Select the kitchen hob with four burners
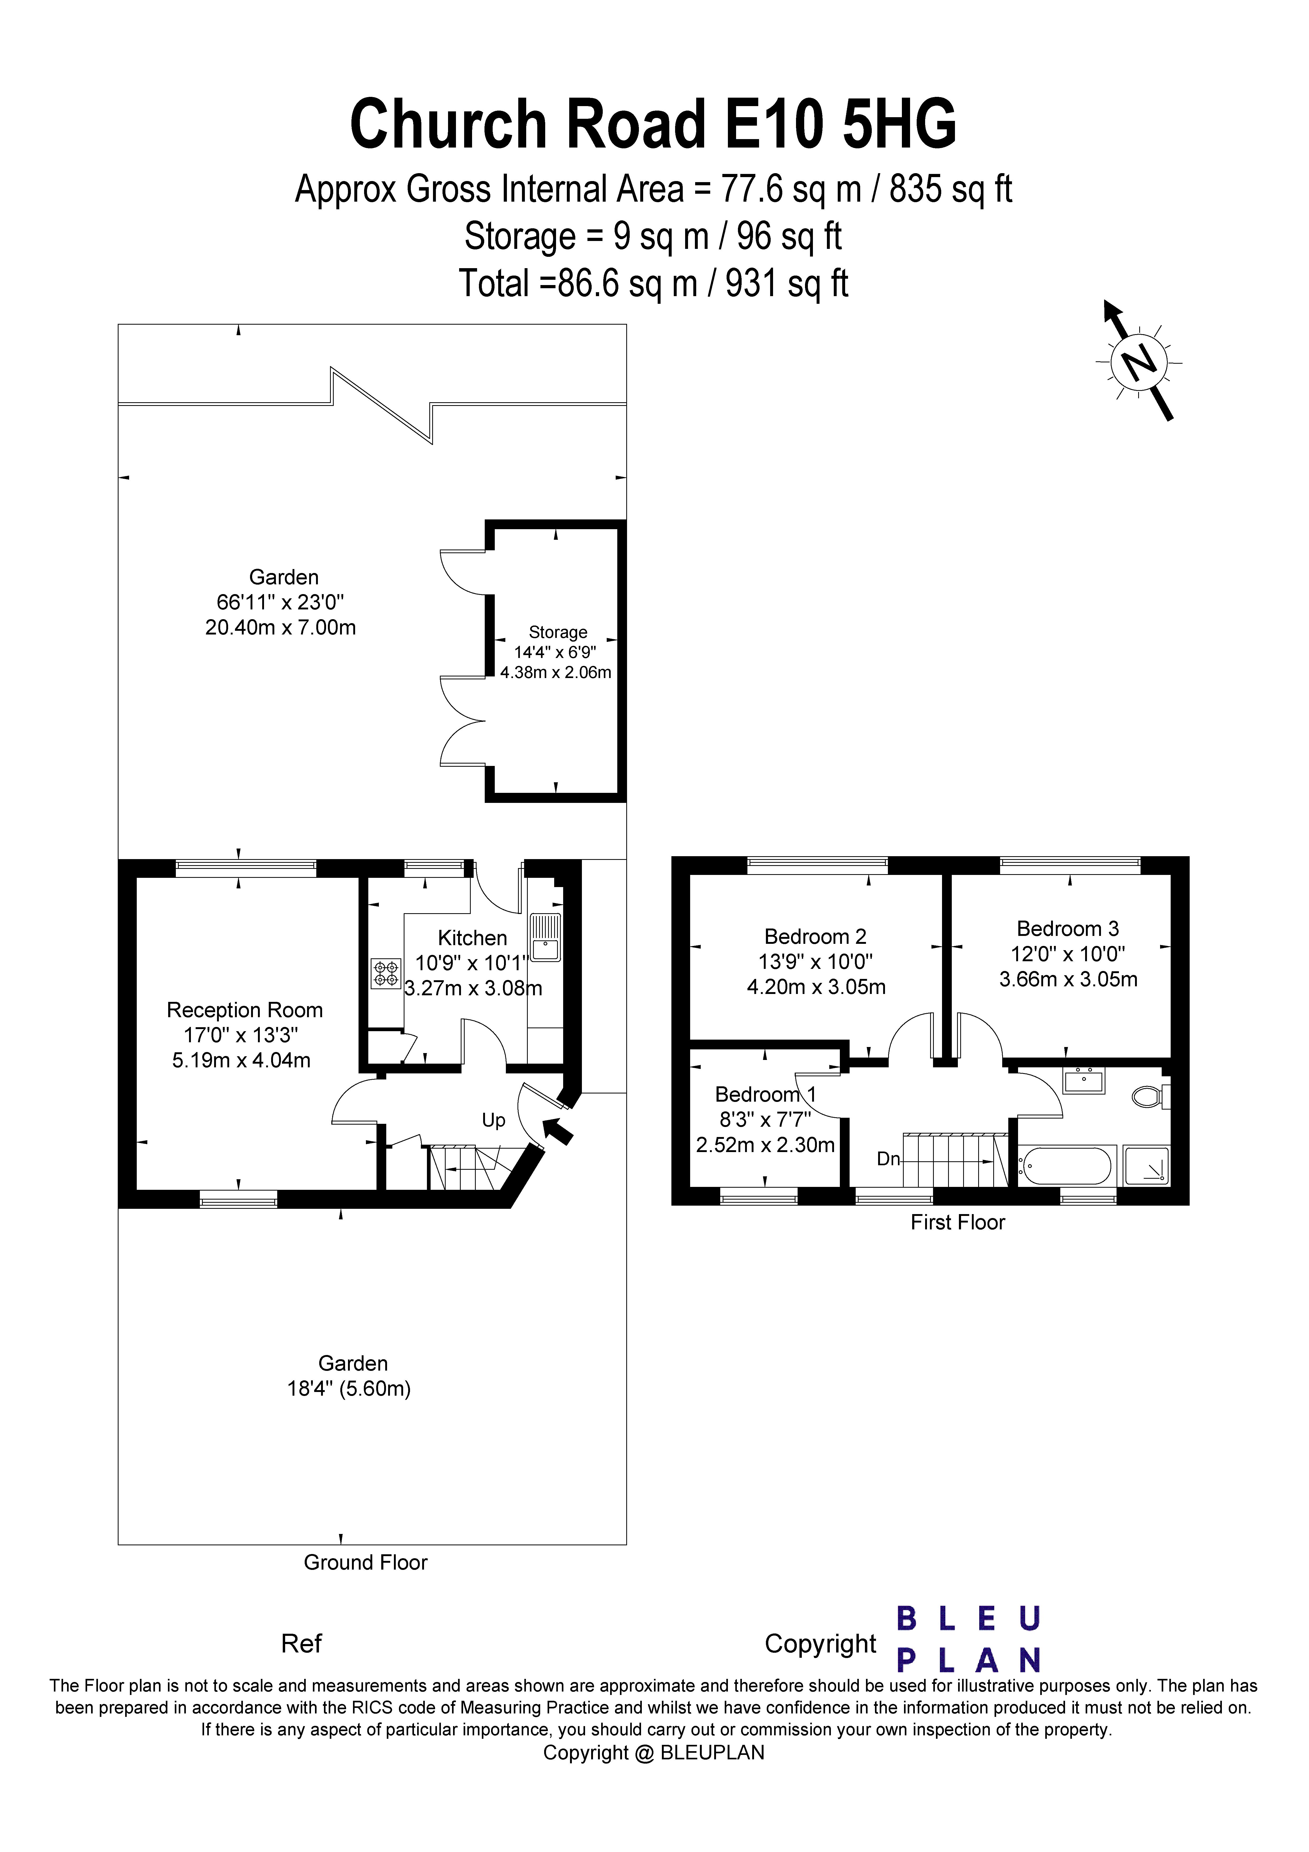(x=386, y=973)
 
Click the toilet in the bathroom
(x=1150, y=1096)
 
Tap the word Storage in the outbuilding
(x=558, y=632)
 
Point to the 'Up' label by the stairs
(x=493, y=1120)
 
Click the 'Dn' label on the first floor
(x=888, y=1159)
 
